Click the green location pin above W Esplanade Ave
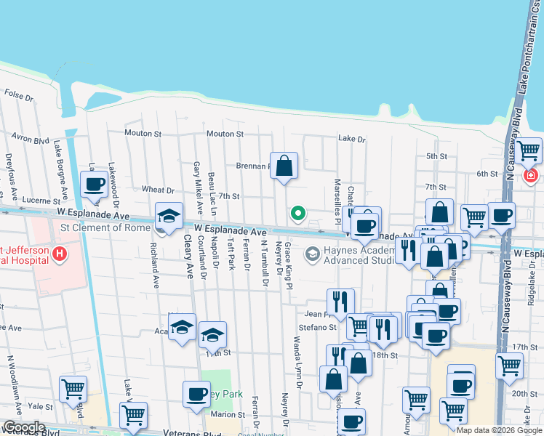(297, 214)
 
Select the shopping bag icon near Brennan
(284, 165)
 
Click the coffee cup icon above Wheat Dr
(94, 185)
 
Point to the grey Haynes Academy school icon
(313, 254)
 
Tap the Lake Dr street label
(351, 139)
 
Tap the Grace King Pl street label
(289, 267)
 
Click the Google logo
(24, 427)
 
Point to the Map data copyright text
(498, 430)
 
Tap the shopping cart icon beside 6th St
(529, 151)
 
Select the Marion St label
(228, 414)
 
